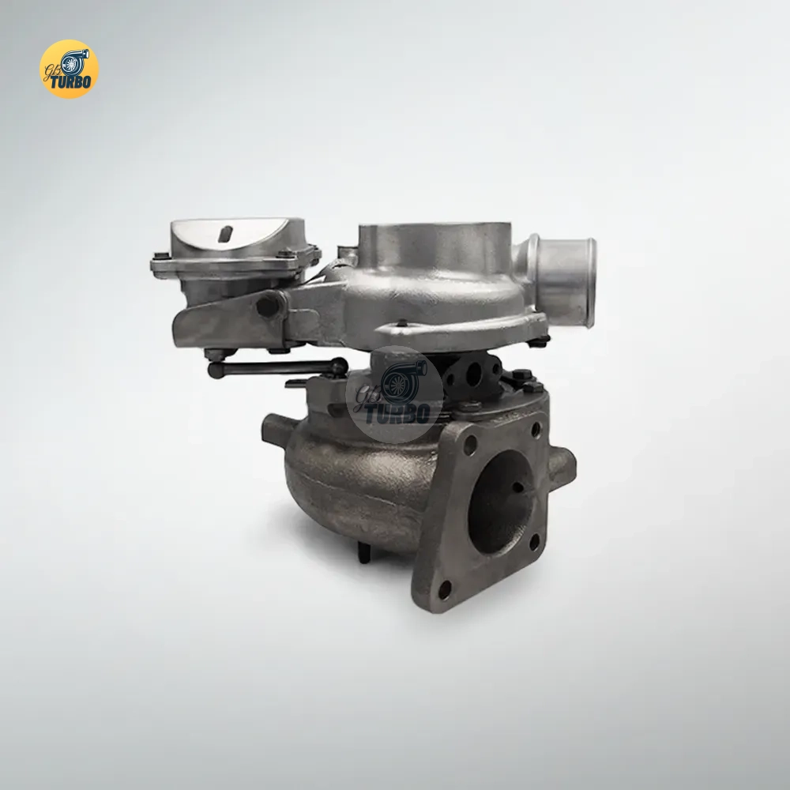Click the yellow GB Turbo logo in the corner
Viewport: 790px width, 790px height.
(x=69, y=69)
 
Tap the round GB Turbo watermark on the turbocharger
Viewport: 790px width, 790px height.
(x=394, y=394)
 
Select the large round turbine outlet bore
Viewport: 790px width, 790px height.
(x=500, y=502)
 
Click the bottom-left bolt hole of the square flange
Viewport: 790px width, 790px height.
(x=445, y=589)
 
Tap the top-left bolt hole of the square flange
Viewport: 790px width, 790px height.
(x=470, y=444)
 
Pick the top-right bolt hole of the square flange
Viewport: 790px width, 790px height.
(x=536, y=430)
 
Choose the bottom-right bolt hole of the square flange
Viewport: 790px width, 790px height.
(x=535, y=543)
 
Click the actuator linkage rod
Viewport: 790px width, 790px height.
(x=277, y=368)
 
